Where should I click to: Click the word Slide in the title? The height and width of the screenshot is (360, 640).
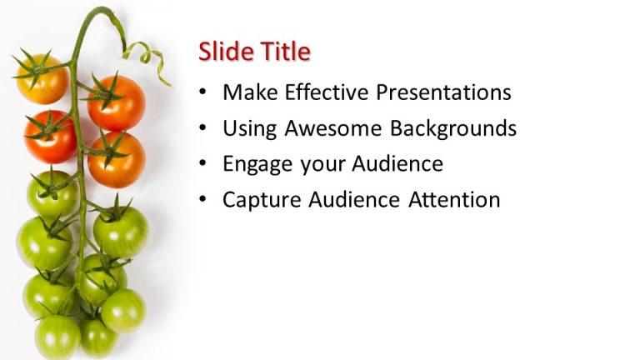(222, 52)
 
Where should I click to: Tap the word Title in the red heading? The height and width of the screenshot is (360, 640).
(281, 52)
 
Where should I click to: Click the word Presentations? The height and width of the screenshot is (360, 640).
(443, 92)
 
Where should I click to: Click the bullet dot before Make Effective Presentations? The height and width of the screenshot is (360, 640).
(203, 92)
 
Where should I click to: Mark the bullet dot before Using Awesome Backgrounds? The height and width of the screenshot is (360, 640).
(203, 128)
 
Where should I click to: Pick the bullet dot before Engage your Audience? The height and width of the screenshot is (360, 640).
(203, 164)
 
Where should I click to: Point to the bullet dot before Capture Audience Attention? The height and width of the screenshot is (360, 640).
(203, 200)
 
